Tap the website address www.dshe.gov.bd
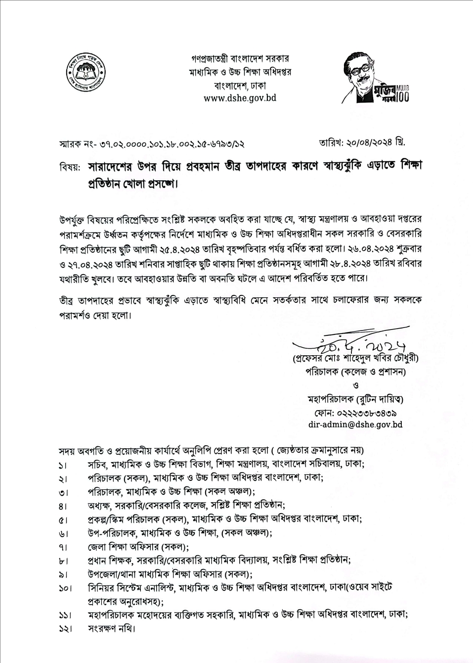(240, 98)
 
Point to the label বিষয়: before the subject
(70, 167)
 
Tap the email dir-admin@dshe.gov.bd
(355, 425)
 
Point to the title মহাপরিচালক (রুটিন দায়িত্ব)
(355, 399)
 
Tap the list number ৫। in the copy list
(64, 520)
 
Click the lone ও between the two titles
(356, 385)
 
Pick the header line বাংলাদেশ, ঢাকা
(240, 85)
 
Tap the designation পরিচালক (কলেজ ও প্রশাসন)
(355, 372)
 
